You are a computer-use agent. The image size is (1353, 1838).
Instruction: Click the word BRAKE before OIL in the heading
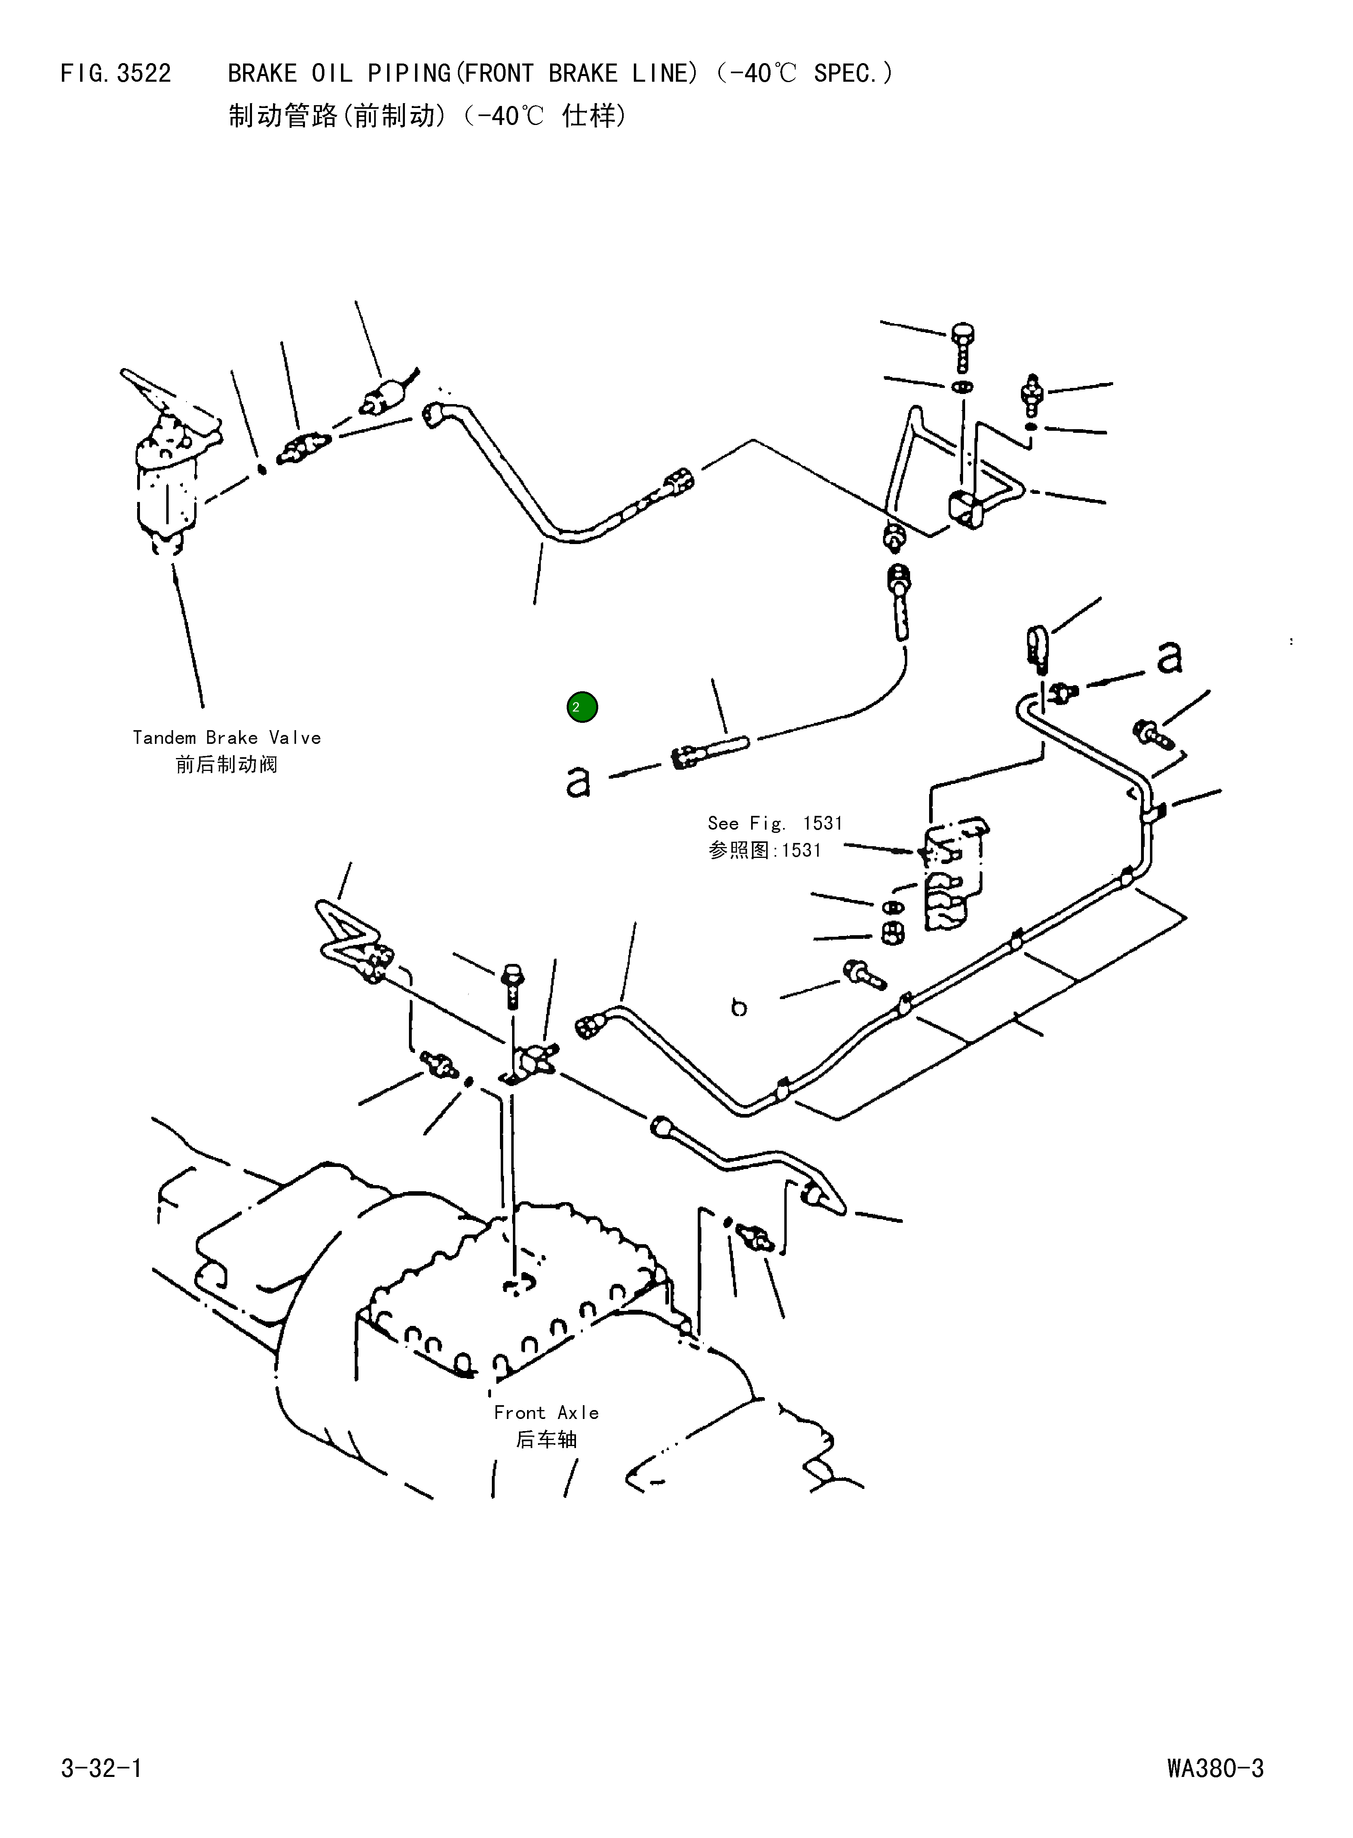point(262,74)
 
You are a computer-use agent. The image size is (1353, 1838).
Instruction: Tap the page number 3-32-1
point(101,1768)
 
